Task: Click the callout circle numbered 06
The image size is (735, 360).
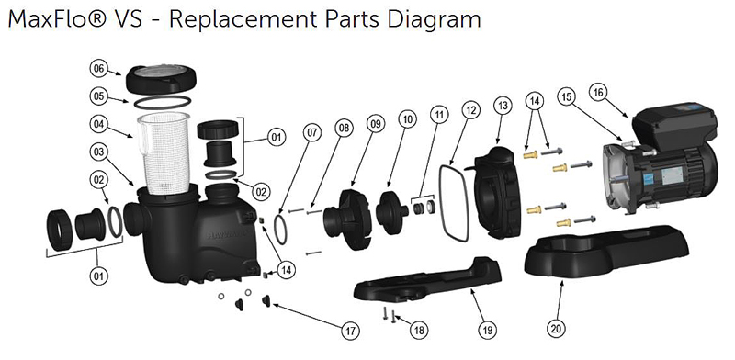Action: point(98,69)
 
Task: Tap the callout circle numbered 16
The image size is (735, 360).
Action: point(598,93)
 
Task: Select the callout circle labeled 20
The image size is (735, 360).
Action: point(556,329)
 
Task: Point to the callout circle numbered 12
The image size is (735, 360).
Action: point(471,110)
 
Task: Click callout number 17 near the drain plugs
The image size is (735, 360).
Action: point(350,331)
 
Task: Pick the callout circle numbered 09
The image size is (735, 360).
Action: point(376,124)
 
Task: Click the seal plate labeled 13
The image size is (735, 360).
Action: point(496,192)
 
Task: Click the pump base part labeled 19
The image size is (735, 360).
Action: point(427,280)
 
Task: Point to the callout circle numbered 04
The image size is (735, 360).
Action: point(98,124)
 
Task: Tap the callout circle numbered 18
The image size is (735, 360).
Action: point(419,331)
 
